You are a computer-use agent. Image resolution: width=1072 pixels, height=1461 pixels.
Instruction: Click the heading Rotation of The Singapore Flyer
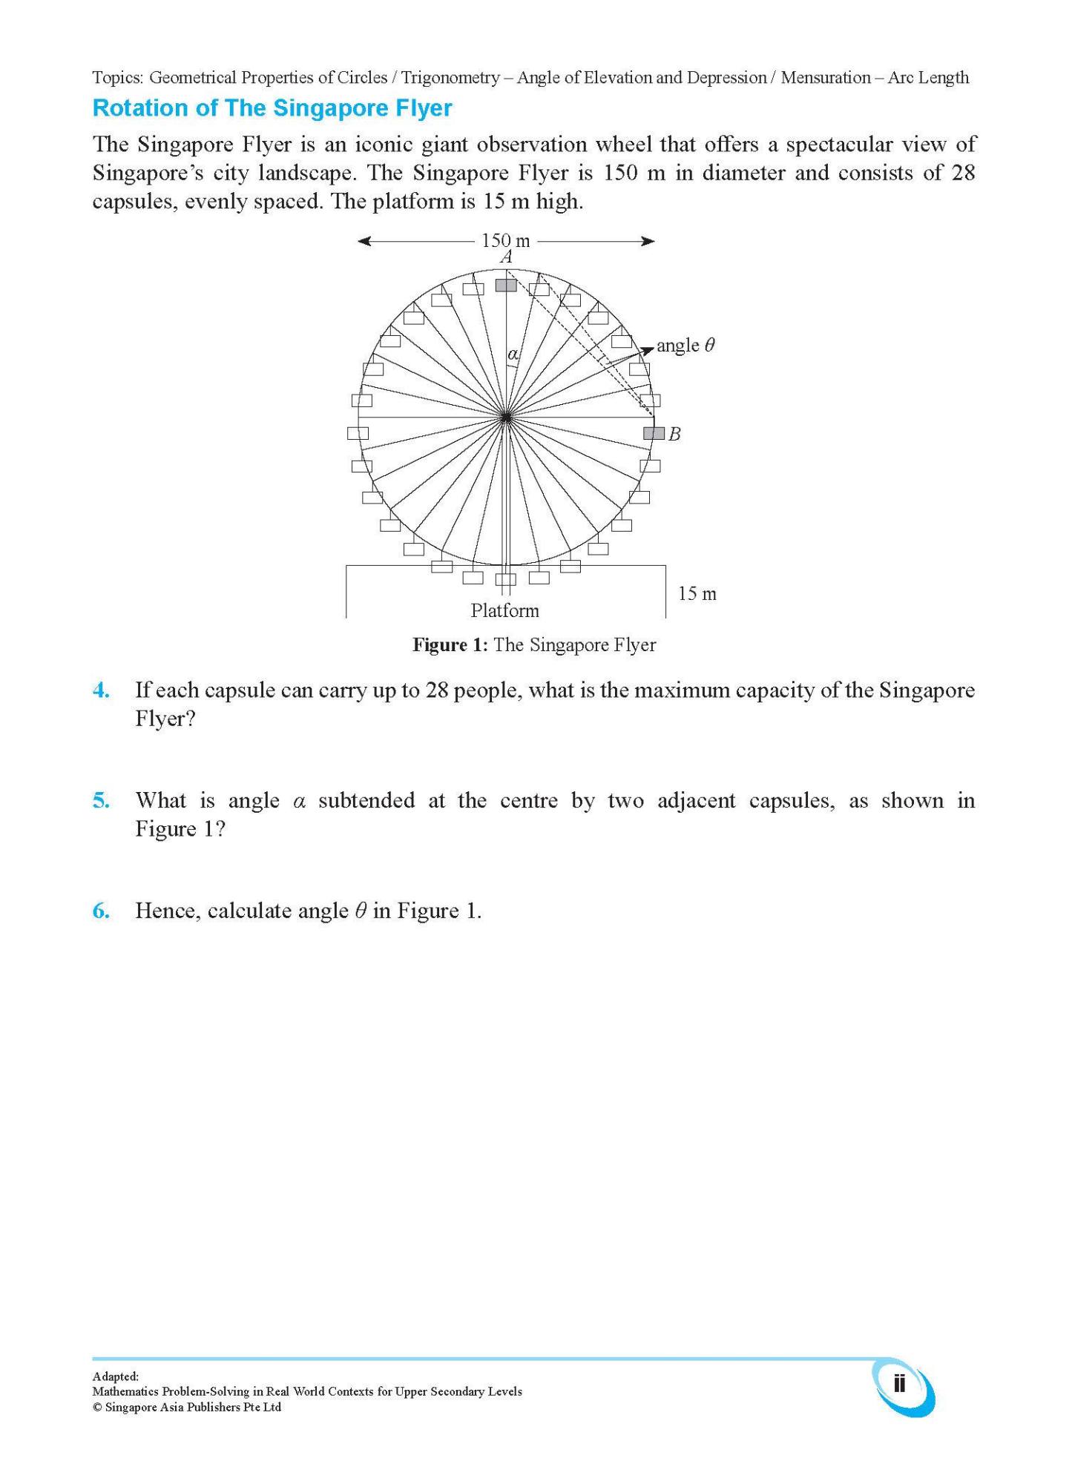click(272, 108)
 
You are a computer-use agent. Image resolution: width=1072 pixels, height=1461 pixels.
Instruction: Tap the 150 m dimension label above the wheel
click(505, 240)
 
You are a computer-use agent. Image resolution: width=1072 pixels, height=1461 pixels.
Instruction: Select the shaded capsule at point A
click(506, 285)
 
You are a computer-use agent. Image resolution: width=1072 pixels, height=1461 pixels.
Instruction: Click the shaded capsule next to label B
click(654, 433)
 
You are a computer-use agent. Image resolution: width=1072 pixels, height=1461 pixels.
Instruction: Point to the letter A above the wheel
click(507, 257)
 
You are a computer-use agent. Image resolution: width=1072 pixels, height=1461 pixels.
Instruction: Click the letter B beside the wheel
click(674, 435)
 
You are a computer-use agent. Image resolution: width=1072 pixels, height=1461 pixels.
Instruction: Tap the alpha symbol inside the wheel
click(513, 354)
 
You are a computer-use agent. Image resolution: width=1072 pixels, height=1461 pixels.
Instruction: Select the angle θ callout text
click(685, 345)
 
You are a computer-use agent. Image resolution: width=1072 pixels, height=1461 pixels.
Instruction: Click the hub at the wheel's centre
click(506, 418)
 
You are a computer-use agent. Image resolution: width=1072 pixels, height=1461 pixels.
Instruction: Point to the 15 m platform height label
click(697, 593)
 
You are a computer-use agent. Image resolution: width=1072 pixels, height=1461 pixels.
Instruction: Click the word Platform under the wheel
click(504, 610)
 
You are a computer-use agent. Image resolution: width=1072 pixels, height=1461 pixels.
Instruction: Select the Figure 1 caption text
click(534, 644)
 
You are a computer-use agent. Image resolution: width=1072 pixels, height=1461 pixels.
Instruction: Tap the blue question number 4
click(101, 690)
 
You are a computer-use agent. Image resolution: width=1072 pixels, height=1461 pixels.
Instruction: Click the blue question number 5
click(101, 800)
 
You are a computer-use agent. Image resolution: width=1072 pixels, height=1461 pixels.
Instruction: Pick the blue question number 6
click(101, 911)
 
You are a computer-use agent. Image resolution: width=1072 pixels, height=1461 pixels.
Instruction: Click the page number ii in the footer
click(899, 1384)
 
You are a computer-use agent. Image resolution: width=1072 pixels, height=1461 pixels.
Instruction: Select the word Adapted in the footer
click(115, 1376)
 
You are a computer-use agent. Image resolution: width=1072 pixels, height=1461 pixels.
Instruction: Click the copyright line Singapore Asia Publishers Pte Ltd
click(187, 1407)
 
